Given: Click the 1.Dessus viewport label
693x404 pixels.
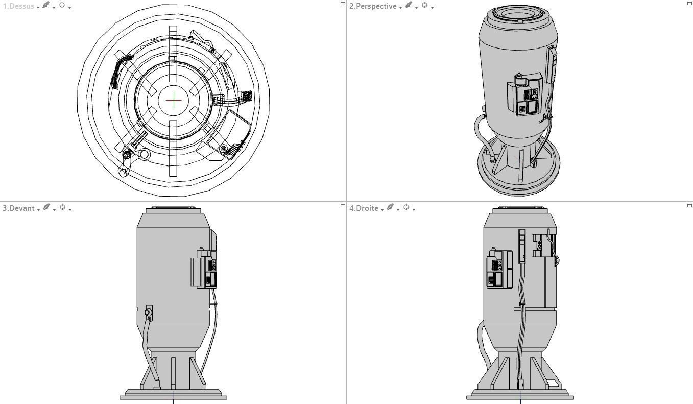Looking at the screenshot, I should (18, 6).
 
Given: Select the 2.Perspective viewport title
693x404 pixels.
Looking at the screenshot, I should (373, 6).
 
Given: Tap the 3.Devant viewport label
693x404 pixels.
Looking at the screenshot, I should (18, 208).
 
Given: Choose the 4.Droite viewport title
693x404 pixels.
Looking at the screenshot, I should (364, 208).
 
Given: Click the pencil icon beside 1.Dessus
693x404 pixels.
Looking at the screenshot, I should (45, 6).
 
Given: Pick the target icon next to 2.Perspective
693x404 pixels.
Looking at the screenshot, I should (424, 6).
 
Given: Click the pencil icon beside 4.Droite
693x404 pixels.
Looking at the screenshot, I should (390, 207).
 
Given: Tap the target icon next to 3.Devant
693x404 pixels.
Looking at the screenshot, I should (62, 207).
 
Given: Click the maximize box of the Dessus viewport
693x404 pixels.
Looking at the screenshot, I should (343, 3).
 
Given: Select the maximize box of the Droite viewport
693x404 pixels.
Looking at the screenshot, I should (689, 205).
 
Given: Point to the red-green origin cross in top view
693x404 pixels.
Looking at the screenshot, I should (174, 100).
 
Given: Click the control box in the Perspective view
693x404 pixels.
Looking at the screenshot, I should (525, 95).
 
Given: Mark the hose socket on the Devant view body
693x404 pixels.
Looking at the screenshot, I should (149, 313).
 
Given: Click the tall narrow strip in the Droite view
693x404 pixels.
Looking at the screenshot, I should (522, 246).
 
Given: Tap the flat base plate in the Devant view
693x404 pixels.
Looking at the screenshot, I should (173, 395).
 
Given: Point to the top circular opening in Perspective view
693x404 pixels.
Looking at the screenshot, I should (518, 13).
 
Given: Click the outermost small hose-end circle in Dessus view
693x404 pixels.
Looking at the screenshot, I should (123, 172).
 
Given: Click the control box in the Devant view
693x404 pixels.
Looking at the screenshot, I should (207, 268).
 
